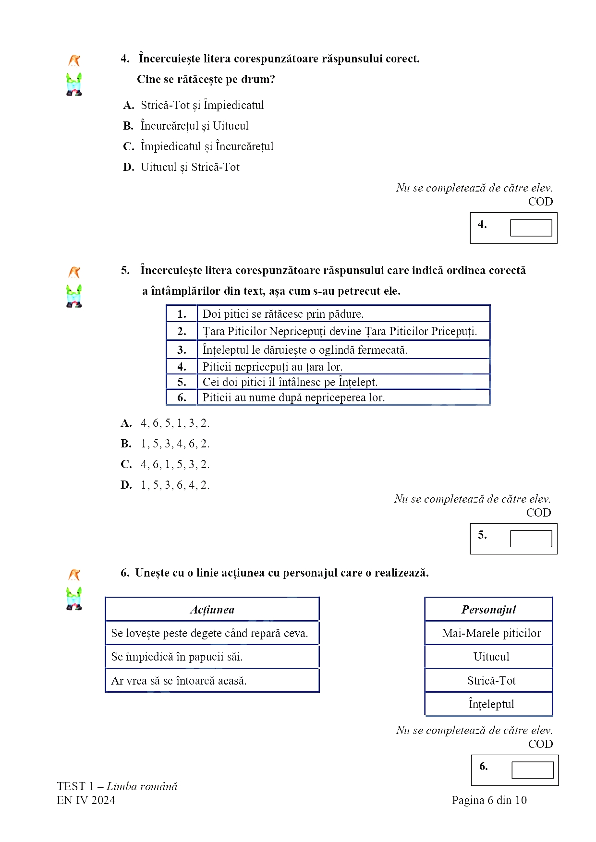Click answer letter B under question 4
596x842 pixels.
(x=128, y=126)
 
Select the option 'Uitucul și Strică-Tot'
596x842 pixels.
(x=190, y=168)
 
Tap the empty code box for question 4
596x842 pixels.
(x=531, y=228)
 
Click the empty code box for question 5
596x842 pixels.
(x=531, y=539)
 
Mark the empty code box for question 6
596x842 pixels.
(x=532, y=770)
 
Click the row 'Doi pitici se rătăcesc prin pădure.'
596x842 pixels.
(x=283, y=314)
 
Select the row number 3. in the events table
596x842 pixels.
(x=182, y=350)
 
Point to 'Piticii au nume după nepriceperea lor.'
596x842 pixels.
(x=293, y=397)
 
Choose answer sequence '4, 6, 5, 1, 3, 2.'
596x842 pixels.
(x=175, y=423)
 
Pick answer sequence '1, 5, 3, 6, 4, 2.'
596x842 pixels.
(x=175, y=485)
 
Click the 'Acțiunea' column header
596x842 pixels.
(x=212, y=610)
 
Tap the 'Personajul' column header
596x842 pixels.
(x=488, y=610)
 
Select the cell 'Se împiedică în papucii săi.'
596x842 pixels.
(x=177, y=657)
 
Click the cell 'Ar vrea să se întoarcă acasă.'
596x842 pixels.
(x=179, y=681)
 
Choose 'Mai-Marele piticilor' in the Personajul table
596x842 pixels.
(x=491, y=633)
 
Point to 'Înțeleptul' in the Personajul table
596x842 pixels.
(x=491, y=704)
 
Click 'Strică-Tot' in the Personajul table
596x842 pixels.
(x=491, y=681)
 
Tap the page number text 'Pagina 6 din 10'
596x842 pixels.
(x=489, y=800)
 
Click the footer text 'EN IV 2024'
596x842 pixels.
(x=86, y=800)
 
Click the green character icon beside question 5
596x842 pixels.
(x=74, y=296)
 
